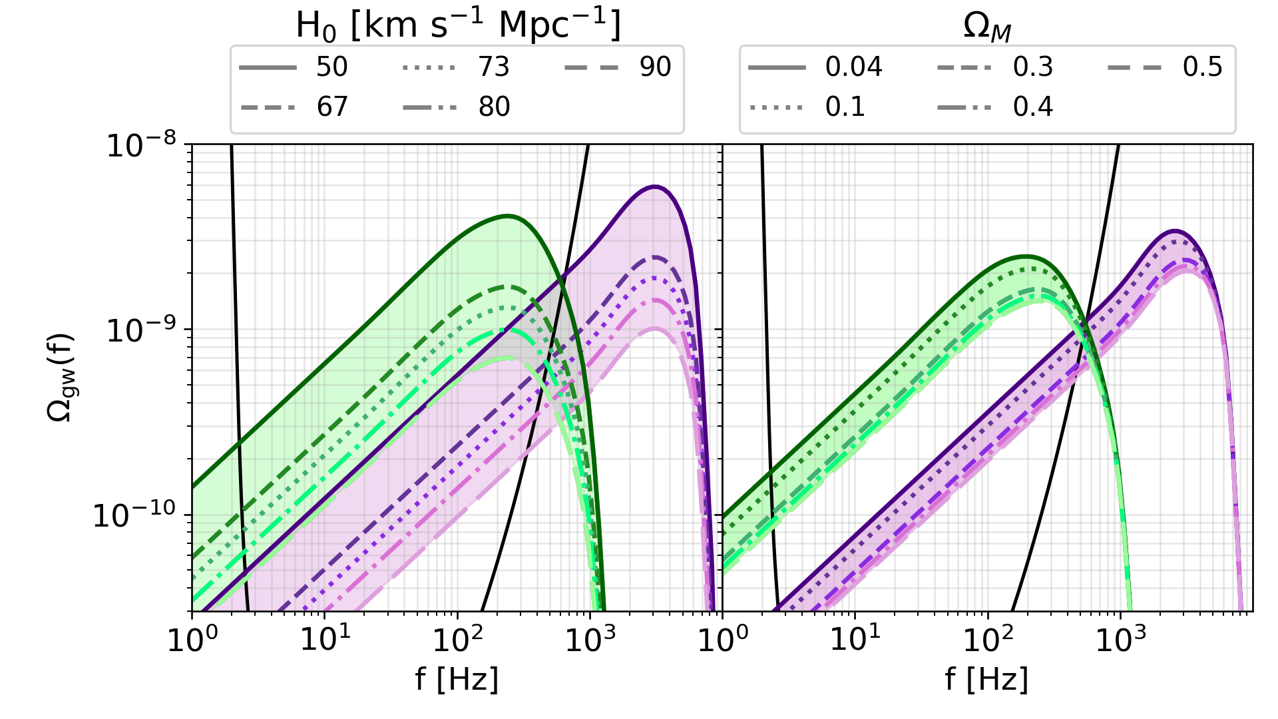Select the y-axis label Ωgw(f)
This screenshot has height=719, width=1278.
[x=61, y=377]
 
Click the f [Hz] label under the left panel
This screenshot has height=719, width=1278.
[x=457, y=680]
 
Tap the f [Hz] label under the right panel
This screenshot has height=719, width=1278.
[x=986, y=680]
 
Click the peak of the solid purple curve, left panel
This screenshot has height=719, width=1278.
[x=656, y=186]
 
